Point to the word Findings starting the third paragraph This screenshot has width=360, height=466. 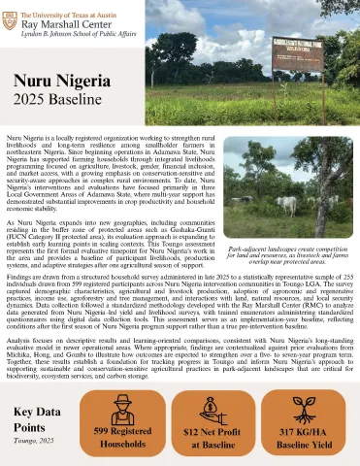20,289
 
